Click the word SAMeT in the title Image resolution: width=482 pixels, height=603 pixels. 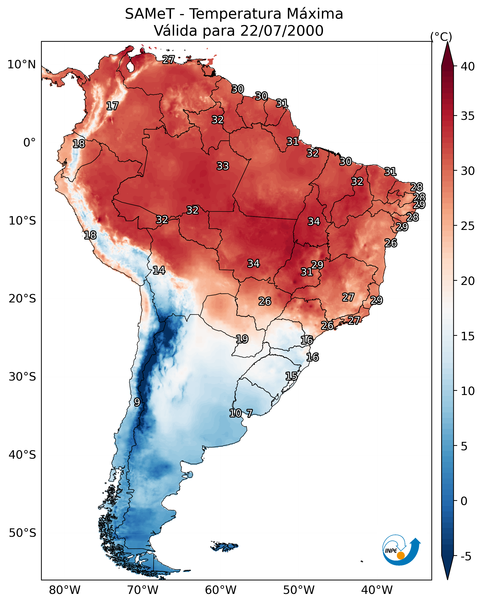tap(149, 14)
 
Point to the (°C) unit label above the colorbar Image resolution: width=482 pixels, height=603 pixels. tap(441, 37)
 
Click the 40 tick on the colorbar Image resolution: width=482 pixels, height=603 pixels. tap(468, 66)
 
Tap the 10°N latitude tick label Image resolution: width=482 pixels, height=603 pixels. tap(21, 65)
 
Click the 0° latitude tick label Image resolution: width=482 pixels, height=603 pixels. tap(29, 143)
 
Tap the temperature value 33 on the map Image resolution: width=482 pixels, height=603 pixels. tap(223, 166)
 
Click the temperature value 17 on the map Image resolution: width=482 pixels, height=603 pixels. tap(112, 106)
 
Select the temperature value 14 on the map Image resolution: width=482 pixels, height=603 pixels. tap(159, 270)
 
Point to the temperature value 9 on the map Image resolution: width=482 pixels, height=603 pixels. tap(137, 402)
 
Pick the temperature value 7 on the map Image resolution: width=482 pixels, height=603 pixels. tap(249, 413)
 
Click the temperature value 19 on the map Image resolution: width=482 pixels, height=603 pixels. tap(242, 339)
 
